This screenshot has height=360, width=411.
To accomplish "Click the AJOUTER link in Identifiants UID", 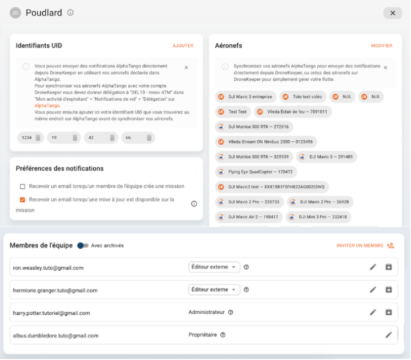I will [x=183, y=46].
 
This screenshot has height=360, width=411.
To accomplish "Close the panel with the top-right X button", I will [x=392, y=13].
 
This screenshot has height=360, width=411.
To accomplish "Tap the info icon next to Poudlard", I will [x=70, y=12].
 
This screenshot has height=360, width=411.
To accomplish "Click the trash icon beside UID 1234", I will [x=38, y=138].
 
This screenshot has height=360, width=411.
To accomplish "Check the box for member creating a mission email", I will [x=23, y=186].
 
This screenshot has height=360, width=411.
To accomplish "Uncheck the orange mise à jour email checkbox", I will [x=23, y=199].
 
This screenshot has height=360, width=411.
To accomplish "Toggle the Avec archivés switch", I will [x=83, y=245].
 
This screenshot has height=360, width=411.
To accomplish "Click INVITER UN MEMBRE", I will [x=365, y=245].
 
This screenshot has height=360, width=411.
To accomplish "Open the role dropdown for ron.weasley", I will [x=215, y=267].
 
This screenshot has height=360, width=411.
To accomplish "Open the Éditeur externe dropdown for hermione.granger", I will [x=215, y=289].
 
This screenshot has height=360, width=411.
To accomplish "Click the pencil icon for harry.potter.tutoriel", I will [x=373, y=312].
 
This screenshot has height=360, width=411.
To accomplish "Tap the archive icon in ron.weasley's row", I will [x=388, y=267].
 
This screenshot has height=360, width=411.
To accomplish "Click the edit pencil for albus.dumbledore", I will [x=388, y=335].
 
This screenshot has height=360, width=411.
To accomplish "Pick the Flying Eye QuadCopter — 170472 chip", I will [x=256, y=171].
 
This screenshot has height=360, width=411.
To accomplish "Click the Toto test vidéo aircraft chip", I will [x=302, y=97].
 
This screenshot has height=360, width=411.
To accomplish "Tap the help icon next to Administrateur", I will [x=230, y=312].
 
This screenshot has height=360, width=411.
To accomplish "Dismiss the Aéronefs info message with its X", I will [x=386, y=67].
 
